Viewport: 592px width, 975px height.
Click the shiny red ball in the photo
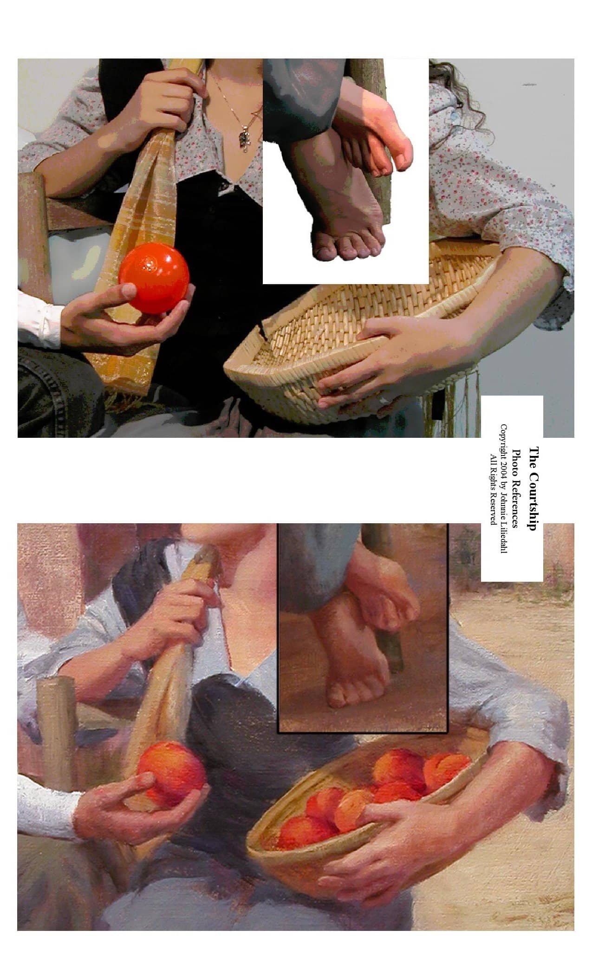(x=154, y=278)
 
